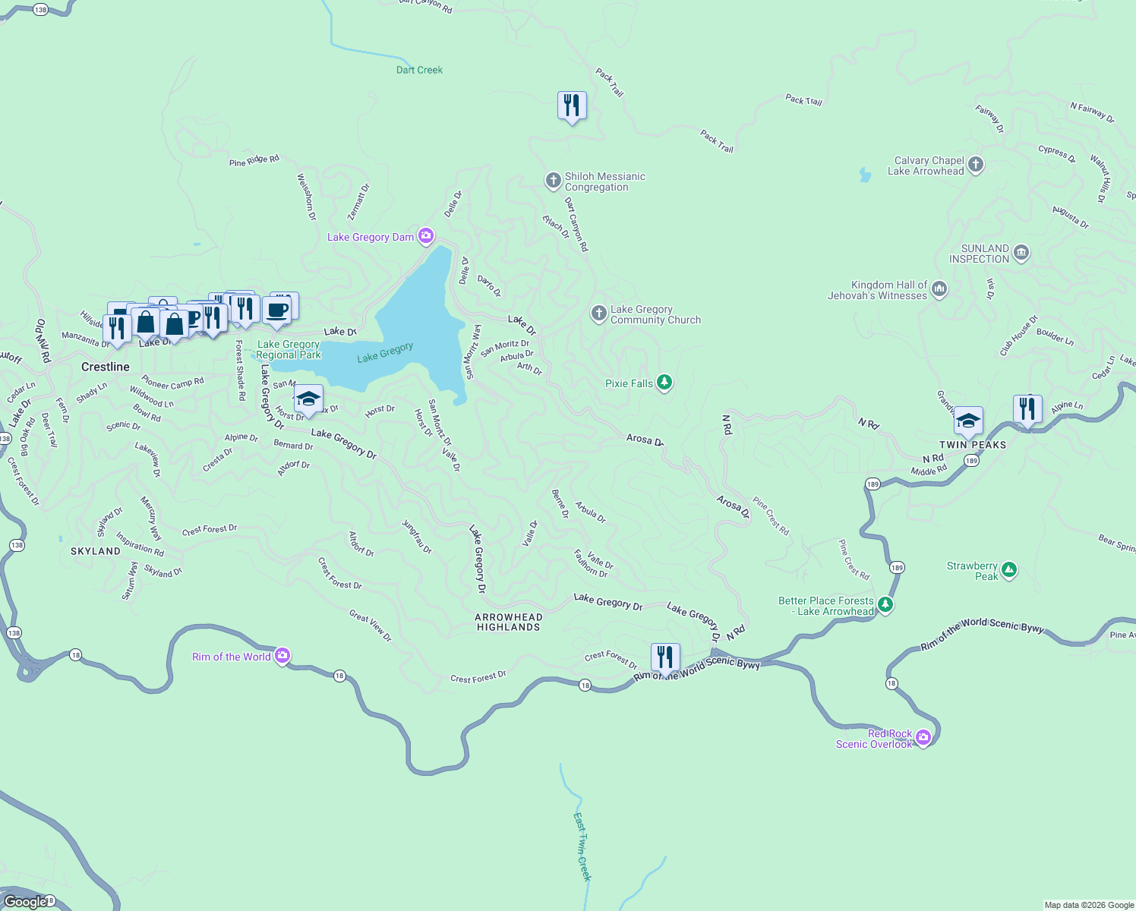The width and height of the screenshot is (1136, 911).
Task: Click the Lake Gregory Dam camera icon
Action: (x=426, y=236)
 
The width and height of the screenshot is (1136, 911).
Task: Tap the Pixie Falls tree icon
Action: (x=664, y=383)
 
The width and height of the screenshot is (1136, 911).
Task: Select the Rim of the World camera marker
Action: (x=282, y=656)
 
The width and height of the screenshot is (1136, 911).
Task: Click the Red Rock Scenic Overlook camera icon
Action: (x=923, y=738)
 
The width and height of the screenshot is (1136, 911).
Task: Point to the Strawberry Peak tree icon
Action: (x=1009, y=570)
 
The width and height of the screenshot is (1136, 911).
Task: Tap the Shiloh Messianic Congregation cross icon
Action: (x=554, y=181)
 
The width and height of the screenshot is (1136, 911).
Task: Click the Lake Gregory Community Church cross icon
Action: (x=599, y=314)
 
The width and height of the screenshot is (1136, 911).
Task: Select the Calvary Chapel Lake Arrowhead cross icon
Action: (x=976, y=165)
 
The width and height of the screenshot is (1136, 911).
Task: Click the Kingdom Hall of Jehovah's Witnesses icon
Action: (x=939, y=289)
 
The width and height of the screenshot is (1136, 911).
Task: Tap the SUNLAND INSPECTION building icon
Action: (x=1021, y=253)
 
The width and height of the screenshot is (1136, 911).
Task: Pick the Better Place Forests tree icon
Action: (x=885, y=605)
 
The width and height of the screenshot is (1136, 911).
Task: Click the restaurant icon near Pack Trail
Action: (x=572, y=106)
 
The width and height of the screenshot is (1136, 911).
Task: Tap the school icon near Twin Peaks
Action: (x=968, y=421)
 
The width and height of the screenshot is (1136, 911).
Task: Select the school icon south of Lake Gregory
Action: (x=308, y=399)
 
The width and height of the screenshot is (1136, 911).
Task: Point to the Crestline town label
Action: (x=106, y=367)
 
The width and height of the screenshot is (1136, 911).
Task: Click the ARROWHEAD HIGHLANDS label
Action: (x=508, y=622)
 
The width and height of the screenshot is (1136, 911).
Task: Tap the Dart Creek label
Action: (x=419, y=70)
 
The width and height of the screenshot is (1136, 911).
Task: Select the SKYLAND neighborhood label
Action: (x=96, y=551)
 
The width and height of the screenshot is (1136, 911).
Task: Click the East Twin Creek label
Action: (x=582, y=846)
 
